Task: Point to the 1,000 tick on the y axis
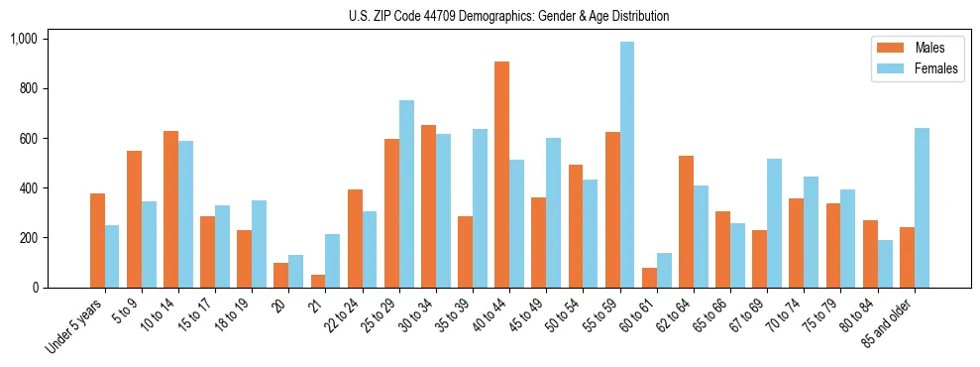click(x=23, y=39)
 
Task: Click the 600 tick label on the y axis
click(x=27, y=139)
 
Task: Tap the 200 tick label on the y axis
click(x=27, y=238)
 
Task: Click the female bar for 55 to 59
click(x=627, y=165)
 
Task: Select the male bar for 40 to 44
click(x=502, y=175)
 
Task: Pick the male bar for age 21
click(x=318, y=281)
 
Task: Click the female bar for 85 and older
click(x=922, y=208)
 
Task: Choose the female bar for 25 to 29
click(x=406, y=193)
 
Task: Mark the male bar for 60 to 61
click(x=649, y=278)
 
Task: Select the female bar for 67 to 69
click(x=774, y=223)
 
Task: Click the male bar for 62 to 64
click(x=686, y=221)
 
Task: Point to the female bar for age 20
click(x=295, y=271)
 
